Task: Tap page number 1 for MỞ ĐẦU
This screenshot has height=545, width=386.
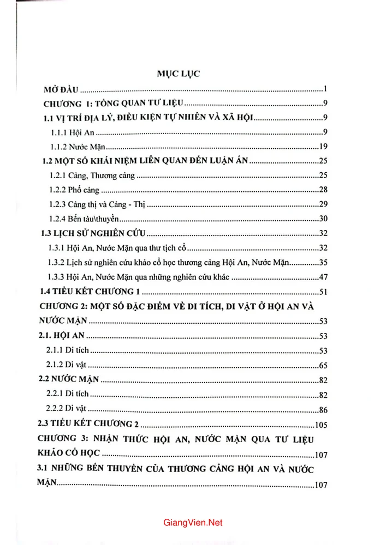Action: coord(324,89)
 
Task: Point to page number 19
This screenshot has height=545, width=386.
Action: coord(322,147)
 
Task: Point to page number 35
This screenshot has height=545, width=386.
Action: coord(322,262)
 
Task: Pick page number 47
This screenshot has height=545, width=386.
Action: coord(322,277)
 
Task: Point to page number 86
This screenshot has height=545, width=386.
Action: coord(322,409)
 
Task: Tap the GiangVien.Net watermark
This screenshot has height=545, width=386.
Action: coord(193,523)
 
